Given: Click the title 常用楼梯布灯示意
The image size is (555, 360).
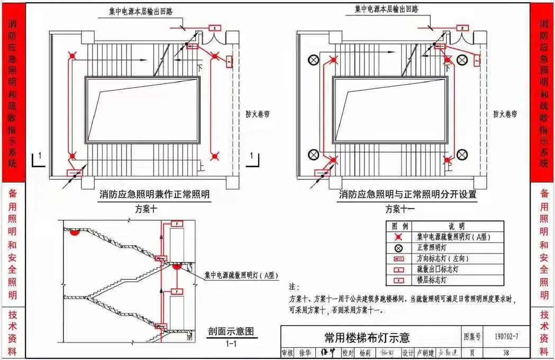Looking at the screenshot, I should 367,337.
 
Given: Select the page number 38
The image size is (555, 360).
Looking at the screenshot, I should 506,353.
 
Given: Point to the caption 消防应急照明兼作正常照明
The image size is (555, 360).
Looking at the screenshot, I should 154,194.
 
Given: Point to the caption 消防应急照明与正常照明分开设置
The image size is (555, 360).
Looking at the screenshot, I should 407,194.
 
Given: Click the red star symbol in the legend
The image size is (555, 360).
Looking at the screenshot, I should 398,237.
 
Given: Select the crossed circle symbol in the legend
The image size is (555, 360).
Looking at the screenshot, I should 398,248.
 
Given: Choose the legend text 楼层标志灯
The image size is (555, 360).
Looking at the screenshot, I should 432,280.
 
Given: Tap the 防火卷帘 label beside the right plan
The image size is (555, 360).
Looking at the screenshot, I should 505,114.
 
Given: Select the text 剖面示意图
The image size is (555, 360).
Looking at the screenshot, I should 231,331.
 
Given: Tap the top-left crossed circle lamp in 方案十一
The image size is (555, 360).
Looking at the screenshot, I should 314,60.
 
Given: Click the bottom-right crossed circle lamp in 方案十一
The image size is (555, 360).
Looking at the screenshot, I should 462,155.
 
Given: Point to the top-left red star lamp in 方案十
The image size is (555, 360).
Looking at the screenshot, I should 72,55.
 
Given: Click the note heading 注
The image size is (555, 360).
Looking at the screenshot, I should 294,286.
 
